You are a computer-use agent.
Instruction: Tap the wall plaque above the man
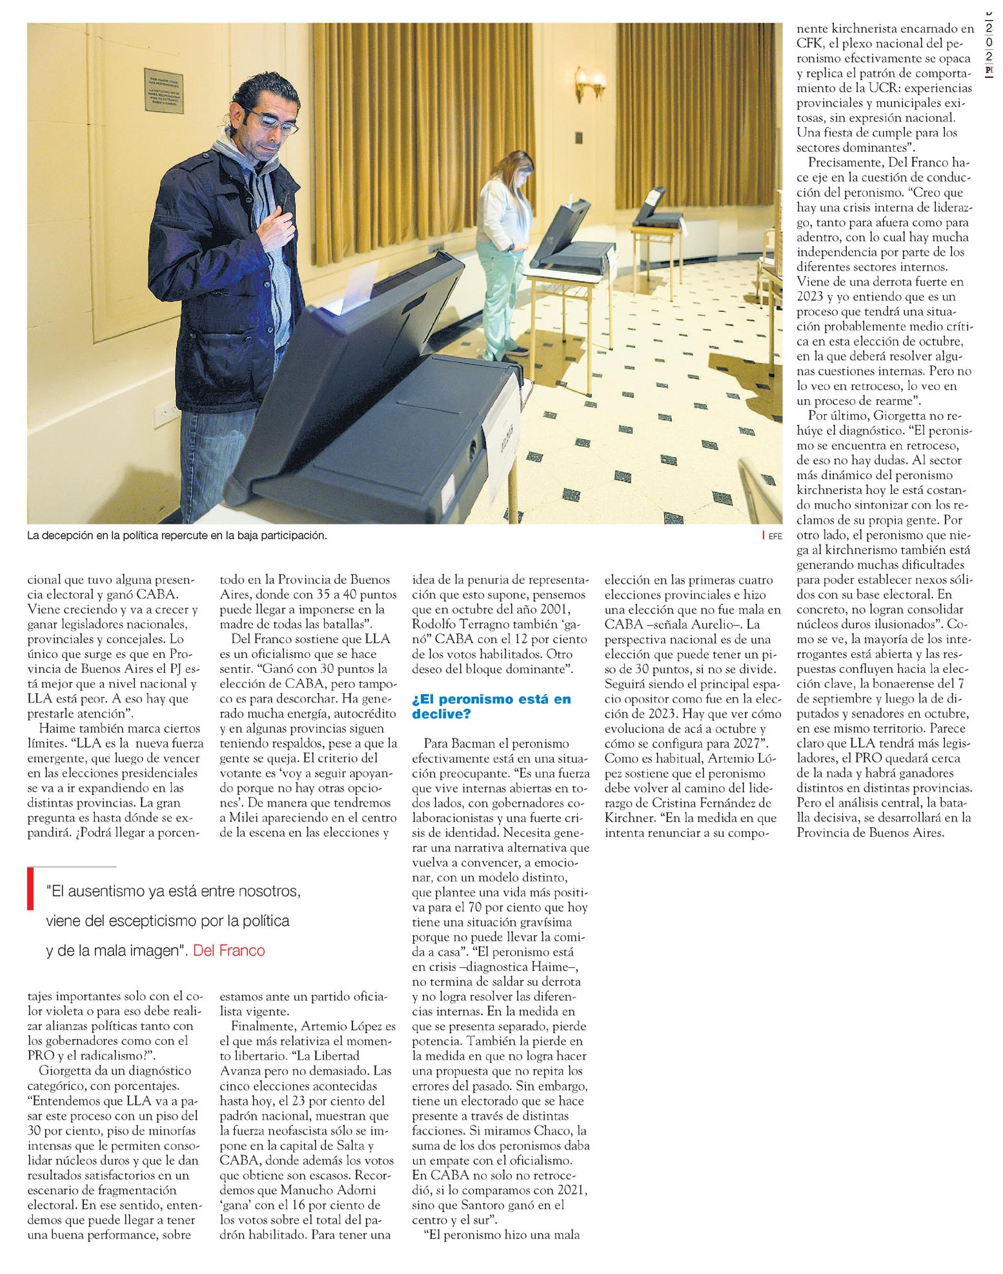tap(163, 90)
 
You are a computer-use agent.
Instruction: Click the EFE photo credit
tap(775, 536)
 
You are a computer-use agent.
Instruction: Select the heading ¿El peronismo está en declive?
tap(491, 706)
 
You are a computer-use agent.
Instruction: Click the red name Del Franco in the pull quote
tap(229, 950)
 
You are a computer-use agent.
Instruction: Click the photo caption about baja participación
tap(177, 536)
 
